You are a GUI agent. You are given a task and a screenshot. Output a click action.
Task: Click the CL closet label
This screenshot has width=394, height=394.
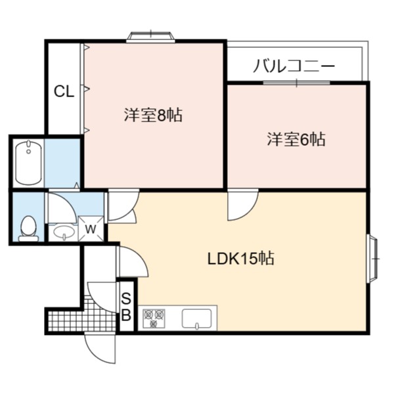point(64,91)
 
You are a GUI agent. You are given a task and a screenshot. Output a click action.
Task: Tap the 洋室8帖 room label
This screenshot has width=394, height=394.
point(153,115)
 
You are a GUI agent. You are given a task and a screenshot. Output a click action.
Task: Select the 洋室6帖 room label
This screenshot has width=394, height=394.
point(296,139)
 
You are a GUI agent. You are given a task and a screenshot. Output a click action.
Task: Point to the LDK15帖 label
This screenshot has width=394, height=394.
point(241,258)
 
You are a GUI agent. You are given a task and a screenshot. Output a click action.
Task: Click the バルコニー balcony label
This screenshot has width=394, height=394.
point(294,66)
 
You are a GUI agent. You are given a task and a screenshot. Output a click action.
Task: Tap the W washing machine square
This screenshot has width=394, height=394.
point(91,229)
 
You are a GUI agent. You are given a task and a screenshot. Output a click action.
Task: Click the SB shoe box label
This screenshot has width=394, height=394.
point(126,307)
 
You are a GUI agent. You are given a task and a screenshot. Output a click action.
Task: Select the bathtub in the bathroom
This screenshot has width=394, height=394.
point(29,163)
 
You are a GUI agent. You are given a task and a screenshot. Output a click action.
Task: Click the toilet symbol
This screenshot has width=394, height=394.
point(28,229)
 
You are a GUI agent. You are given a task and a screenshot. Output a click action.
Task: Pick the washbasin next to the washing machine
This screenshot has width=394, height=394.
point(64,232)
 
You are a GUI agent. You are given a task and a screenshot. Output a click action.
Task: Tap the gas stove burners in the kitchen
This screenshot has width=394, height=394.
point(154,318)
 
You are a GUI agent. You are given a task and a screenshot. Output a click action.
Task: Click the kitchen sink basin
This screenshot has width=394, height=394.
point(197,319)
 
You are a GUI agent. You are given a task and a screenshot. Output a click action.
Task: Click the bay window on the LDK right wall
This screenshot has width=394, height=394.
point(373,259)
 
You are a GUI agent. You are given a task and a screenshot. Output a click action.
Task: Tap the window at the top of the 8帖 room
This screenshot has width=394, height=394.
point(150,36)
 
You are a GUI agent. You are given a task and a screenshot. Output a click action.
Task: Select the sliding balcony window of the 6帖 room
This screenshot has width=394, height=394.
point(297,83)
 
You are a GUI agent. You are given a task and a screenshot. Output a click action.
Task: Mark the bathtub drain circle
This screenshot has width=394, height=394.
point(29,151)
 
